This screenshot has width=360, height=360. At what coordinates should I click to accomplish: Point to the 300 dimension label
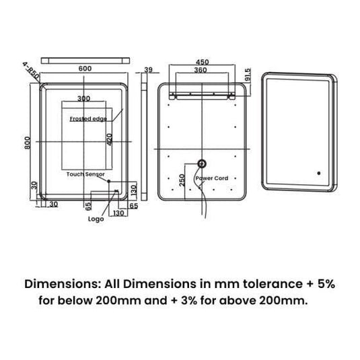coord(83,98)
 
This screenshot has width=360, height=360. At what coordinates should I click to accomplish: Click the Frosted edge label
coord(87,118)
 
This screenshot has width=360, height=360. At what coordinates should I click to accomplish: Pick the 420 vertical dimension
coord(109,139)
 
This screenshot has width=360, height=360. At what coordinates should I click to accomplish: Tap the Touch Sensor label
coord(85,174)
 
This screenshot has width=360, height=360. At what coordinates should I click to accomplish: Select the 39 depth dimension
coord(149,69)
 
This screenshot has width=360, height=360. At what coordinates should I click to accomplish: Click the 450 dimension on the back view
coord(202,62)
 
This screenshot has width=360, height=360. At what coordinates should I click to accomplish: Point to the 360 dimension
coord(201,70)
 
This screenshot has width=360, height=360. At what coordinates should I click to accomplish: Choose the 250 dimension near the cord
coord(181,180)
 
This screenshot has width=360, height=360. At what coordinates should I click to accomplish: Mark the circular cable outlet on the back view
coord(201,163)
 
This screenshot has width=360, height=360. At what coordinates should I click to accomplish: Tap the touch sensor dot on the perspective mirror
coord(314,174)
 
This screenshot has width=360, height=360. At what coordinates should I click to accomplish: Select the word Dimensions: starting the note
coord(59,285)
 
